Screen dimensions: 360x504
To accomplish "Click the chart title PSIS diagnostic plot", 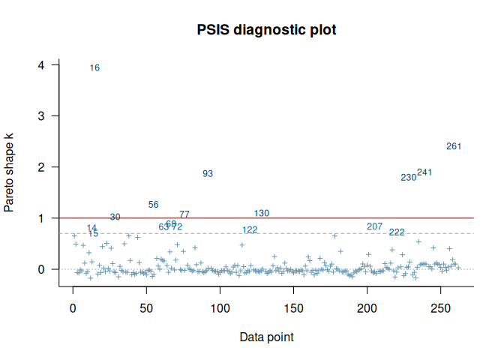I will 266,31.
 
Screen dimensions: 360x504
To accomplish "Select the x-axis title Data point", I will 266,337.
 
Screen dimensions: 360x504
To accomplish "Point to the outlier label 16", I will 94,68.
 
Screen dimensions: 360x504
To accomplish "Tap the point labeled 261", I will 454,146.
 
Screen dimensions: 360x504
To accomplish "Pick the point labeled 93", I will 208,174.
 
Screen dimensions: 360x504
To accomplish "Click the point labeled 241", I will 424,172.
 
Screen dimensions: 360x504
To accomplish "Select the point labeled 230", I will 408,178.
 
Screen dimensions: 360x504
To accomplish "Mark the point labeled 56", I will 154,205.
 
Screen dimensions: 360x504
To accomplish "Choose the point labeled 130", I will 262,214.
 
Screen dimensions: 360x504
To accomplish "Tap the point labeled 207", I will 375,226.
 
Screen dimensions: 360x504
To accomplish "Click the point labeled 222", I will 397,232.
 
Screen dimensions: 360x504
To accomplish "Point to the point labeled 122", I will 250,229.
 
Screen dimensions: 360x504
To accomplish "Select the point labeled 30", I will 115,217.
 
